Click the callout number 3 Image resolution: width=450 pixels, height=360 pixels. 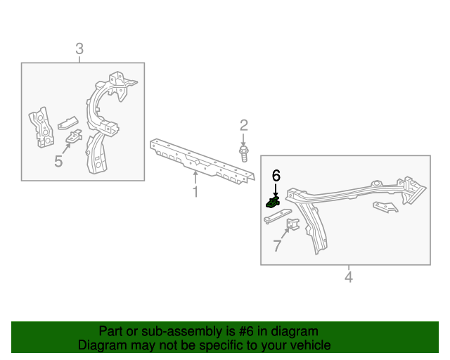79,49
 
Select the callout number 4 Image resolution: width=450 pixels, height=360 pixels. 349,277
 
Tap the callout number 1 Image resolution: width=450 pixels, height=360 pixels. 195,192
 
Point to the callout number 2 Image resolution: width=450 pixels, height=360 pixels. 244,125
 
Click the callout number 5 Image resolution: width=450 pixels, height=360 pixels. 58,161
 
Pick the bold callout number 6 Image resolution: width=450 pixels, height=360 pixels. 276,175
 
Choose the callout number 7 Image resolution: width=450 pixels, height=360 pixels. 277,245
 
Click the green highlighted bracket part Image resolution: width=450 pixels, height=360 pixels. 273,202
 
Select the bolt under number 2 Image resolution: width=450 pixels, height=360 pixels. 244,153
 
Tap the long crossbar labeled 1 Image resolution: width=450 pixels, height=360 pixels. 202,161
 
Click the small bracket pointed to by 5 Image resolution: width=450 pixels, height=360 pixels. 74,136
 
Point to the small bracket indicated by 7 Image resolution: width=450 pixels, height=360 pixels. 293,224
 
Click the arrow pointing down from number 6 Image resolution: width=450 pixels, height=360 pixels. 276,191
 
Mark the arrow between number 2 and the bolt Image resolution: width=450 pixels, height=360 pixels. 243,139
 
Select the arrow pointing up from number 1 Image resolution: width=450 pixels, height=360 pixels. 195,177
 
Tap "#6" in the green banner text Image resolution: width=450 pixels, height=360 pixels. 246,331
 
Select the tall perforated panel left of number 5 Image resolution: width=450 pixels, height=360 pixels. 42,127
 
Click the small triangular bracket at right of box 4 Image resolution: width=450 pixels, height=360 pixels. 385,207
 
